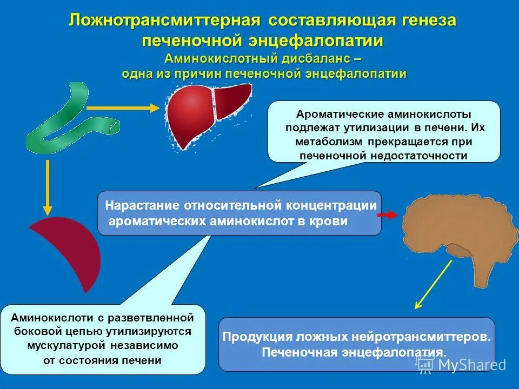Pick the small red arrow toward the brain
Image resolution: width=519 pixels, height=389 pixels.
tap(387, 215)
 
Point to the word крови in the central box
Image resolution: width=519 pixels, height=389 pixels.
tap(331, 222)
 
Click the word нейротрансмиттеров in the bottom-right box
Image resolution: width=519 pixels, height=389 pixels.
tap(422, 337)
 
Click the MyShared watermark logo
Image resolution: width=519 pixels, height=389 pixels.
tap(462, 365)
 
